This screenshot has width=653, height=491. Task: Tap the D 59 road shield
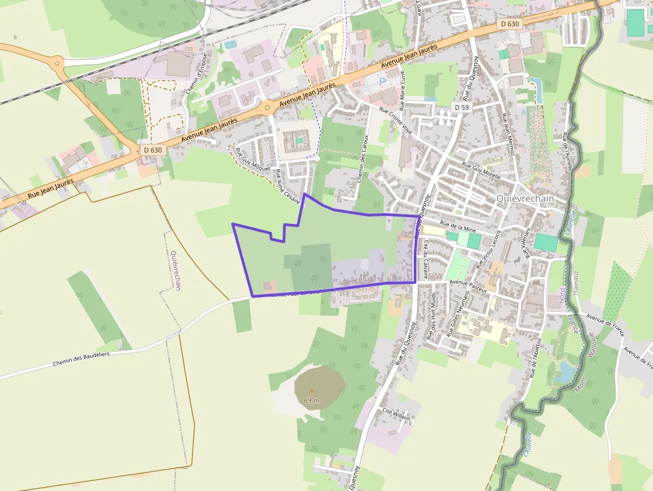(462, 107)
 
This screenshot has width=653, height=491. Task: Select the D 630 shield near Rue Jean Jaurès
(153, 150)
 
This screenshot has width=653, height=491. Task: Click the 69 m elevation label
(311, 400)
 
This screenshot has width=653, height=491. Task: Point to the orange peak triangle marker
(311, 390)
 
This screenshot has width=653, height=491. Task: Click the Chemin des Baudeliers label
(81, 359)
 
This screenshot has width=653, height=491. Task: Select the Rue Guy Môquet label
(253, 159)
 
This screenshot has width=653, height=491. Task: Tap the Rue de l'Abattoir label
(536, 357)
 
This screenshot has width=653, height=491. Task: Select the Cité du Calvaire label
(424, 256)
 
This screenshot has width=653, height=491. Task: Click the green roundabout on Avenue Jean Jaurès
(267, 107)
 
